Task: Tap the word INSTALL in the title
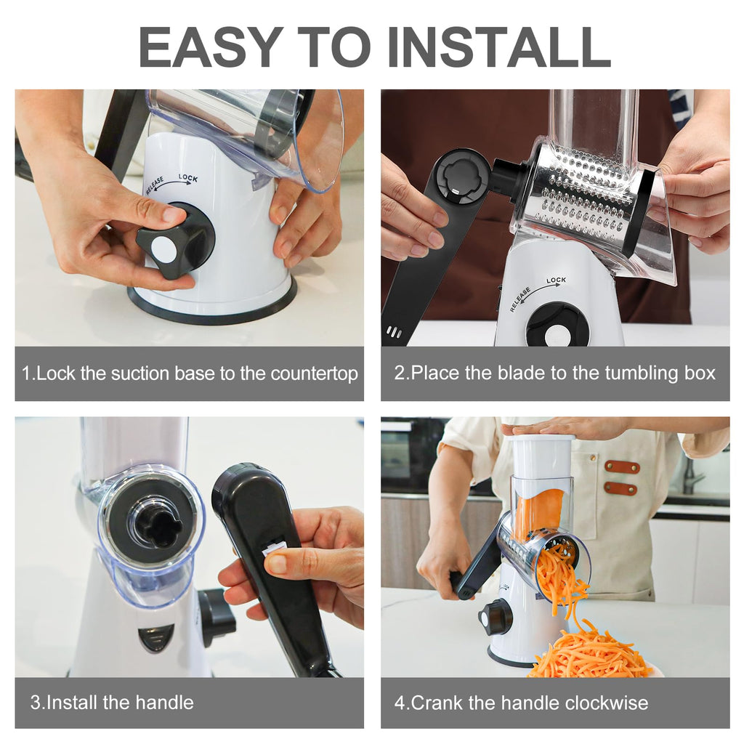click(498, 47)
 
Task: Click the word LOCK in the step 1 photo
click(188, 178)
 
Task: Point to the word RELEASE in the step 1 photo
click(155, 185)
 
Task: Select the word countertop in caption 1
click(314, 374)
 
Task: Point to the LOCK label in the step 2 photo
click(556, 280)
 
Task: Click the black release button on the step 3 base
click(156, 637)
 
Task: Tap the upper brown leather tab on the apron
click(622, 467)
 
